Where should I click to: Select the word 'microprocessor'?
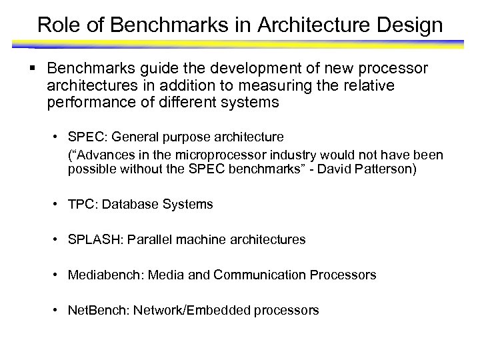coord(206,155)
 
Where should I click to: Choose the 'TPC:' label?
coord(81,205)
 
